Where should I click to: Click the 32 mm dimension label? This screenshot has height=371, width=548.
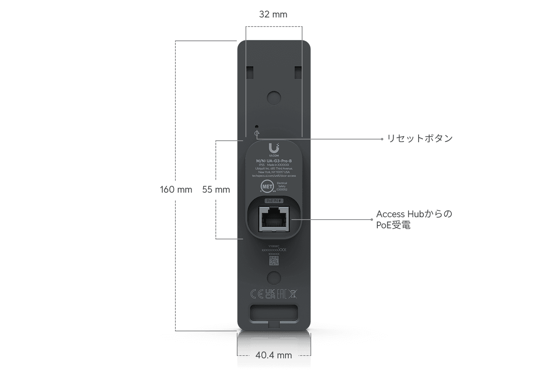[273, 14]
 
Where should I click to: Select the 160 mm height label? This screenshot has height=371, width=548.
[176, 189]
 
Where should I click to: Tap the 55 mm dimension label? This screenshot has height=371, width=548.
[216, 189]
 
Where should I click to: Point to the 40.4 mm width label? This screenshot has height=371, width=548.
[274, 355]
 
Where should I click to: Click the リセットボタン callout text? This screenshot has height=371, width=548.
[420, 138]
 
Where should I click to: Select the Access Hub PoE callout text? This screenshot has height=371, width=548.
[414, 220]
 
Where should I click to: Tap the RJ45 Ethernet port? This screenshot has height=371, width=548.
[274, 219]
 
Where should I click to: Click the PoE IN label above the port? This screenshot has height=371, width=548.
[274, 201]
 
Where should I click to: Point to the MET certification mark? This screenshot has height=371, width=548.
[267, 186]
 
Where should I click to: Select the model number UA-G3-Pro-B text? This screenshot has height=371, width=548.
[274, 161]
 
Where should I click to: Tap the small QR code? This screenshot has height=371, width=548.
[274, 261]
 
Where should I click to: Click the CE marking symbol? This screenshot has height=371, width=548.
[257, 294]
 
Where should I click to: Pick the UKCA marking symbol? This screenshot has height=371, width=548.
[270, 294]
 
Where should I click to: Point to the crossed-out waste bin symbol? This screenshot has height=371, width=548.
[293, 294]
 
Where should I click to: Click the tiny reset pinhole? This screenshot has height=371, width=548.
[257, 126]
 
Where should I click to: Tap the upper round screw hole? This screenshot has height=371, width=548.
[274, 98]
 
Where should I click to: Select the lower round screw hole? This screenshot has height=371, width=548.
[274, 277]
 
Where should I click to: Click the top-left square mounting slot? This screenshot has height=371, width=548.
[250, 72]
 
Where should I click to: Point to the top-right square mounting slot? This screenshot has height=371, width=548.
[298, 72]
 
